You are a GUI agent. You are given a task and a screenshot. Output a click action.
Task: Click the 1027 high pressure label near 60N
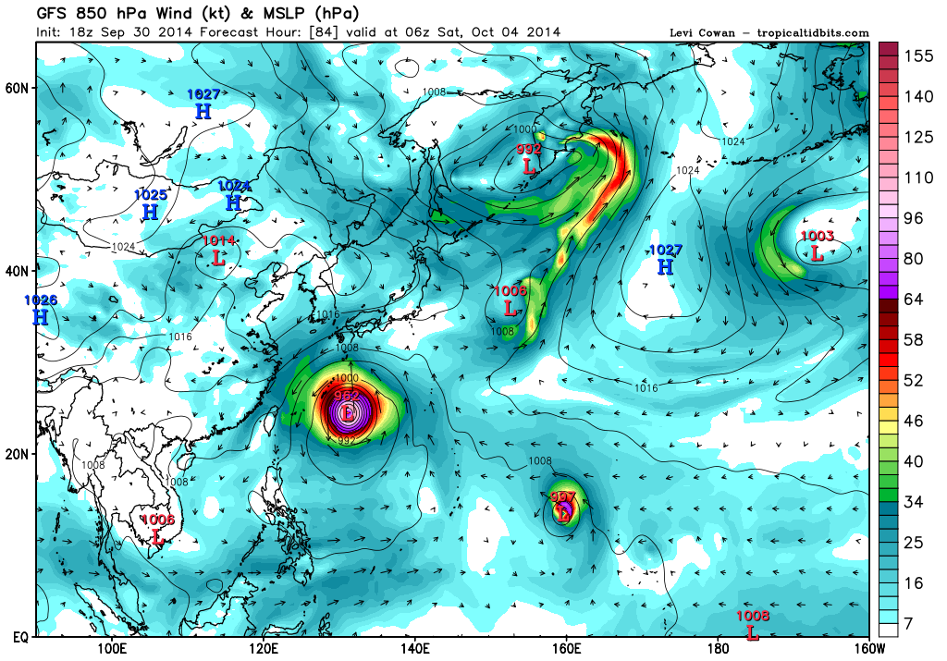pos(203,94)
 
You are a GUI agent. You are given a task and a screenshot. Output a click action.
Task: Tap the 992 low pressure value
pos(529,149)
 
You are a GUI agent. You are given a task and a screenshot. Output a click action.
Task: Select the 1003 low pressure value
pos(817,237)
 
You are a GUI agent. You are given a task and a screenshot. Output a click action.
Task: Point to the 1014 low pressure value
pos(219,241)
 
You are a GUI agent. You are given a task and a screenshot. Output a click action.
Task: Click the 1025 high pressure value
pos(150,195)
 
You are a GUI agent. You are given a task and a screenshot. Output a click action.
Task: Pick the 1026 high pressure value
pos(40,300)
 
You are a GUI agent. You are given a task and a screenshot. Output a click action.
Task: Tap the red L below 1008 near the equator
pos(752,634)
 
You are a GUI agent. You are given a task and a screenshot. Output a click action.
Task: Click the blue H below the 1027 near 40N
pos(665,267)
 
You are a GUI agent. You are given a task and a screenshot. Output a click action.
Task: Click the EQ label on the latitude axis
pos(18,638)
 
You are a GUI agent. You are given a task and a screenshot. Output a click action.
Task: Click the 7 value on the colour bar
pos(909,625)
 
